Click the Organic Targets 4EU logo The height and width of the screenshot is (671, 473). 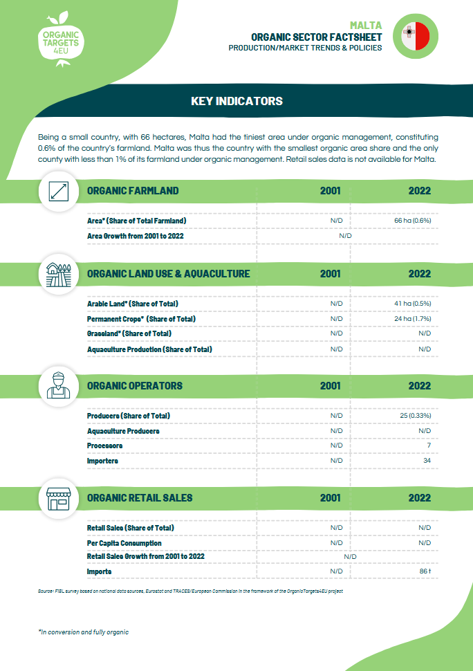[x=60, y=39]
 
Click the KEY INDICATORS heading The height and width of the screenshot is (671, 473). [x=236, y=101]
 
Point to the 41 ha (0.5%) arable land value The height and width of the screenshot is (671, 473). [x=412, y=304]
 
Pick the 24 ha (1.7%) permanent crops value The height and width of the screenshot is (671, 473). [x=412, y=319]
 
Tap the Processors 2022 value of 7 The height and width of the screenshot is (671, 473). [x=429, y=446]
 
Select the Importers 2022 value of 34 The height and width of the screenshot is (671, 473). [x=427, y=461]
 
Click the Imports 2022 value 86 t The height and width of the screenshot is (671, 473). [x=425, y=571]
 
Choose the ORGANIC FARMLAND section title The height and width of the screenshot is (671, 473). [x=133, y=191]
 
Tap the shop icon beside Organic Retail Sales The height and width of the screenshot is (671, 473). [x=59, y=497]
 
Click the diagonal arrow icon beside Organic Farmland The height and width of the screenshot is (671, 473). [x=59, y=191]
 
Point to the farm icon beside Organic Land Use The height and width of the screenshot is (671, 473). [x=59, y=273]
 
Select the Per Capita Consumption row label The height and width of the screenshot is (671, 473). [x=124, y=543]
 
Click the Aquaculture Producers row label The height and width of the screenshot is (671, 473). [x=123, y=431]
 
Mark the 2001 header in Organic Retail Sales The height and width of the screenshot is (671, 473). [x=330, y=497]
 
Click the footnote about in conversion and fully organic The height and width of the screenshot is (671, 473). [x=83, y=632]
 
